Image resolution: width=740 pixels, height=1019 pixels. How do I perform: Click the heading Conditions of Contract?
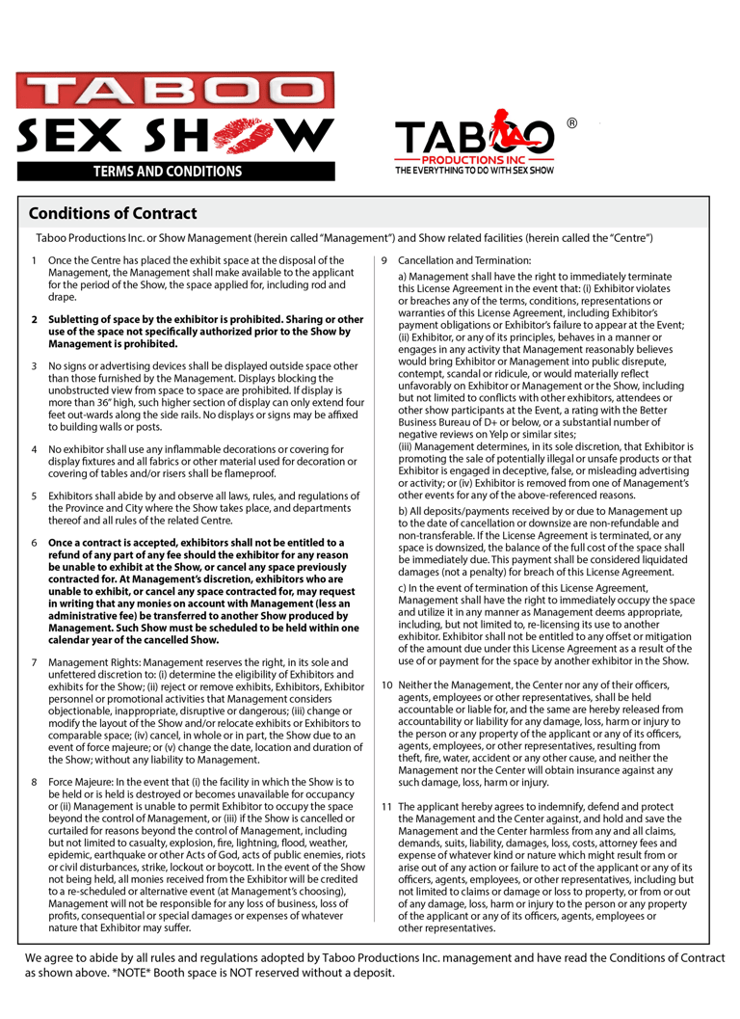113,214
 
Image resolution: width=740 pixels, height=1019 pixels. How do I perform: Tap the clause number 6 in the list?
34,543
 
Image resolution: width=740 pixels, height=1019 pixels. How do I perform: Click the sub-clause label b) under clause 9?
402,509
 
